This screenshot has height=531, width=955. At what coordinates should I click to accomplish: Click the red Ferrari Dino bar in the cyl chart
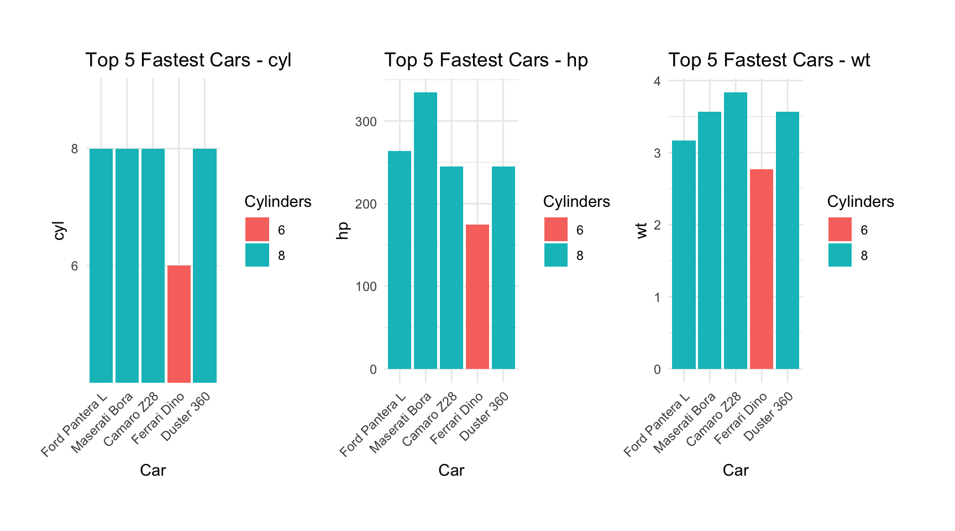click(179, 324)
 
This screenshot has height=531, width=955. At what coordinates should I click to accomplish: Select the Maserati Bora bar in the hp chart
click(426, 230)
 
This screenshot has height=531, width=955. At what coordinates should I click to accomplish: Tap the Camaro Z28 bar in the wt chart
click(736, 230)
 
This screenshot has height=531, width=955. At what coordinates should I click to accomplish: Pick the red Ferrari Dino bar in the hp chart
click(478, 296)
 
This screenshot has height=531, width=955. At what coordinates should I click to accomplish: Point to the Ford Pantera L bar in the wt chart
click(684, 254)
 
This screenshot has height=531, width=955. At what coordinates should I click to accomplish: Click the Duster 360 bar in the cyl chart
click(205, 265)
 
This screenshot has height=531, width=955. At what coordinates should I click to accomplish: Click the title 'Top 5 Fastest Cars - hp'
click(486, 60)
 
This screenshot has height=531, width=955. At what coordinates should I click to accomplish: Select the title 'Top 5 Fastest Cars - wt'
click(769, 60)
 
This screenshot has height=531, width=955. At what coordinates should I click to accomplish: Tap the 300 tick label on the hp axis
click(366, 122)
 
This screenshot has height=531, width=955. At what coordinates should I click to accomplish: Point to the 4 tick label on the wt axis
click(657, 81)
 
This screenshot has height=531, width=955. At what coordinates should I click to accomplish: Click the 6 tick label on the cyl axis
click(75, 266)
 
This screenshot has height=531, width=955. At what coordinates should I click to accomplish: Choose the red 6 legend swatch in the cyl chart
click(258, 230)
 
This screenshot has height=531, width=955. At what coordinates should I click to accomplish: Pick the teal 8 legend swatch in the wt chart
click(840, 256)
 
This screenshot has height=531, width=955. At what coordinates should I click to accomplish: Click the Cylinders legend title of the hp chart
click(576, 202)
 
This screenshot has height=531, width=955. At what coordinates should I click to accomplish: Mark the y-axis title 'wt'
click(642, 230)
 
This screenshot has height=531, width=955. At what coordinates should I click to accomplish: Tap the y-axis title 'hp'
click(343, 230)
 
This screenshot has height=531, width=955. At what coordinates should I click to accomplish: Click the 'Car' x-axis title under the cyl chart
click(153, 470)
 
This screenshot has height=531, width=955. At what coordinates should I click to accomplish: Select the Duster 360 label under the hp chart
click(484, 417)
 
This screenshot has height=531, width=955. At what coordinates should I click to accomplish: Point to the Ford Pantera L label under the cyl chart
click(74, 425)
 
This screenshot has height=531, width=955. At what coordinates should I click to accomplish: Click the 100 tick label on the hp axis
click(366, 287)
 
